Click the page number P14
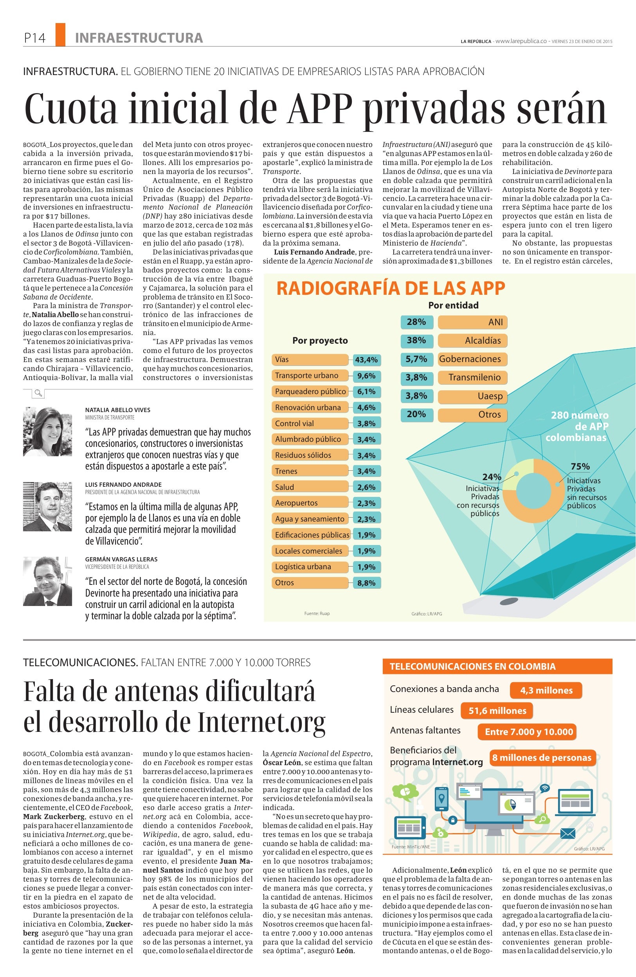[34, 38]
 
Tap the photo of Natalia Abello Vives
[47, 432]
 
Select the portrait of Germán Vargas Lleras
[47, 581]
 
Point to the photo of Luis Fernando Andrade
[47, 506]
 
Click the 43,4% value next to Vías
[366, 360]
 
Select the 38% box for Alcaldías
[416, 340]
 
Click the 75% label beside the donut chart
[580, 466]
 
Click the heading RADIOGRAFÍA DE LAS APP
[390, 288]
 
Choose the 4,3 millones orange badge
[546, 690]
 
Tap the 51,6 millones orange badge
[497, 711]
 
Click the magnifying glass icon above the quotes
[38, 394]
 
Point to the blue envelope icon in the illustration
[568, 834]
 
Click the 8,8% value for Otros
[366, 583]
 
